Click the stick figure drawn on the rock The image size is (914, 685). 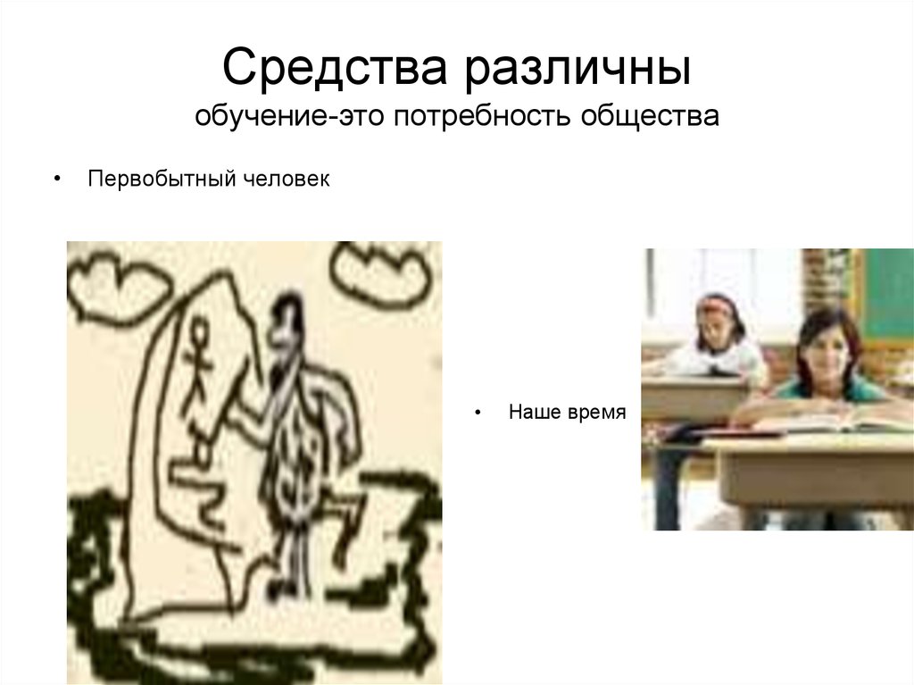click(196, 366)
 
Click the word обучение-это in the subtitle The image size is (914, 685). click(267, 117)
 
